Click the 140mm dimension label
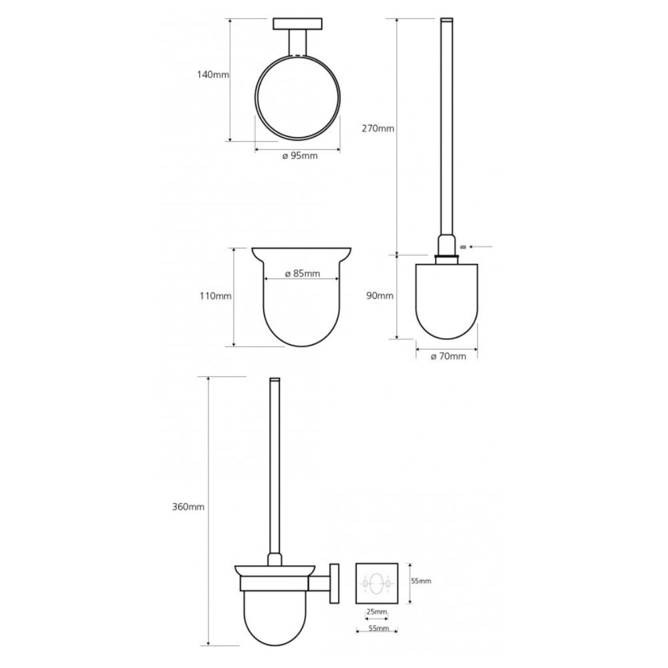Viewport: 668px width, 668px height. (x=212, y=75)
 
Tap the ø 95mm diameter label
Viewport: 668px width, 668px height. (x=300, y=156)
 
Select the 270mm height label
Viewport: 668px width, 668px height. (x=378, y=128)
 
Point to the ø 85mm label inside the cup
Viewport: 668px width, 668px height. (x=302, y=273)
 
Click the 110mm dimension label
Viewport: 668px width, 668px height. (x=216, y=296)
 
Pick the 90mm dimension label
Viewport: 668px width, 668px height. (x=379, y=296)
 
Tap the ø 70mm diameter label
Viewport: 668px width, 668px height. (x=448, y=357)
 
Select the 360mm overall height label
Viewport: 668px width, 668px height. (x=188, y=508)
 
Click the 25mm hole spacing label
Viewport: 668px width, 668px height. (x=377, y=612)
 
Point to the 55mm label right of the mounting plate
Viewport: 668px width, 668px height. (x=422, y=581)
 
